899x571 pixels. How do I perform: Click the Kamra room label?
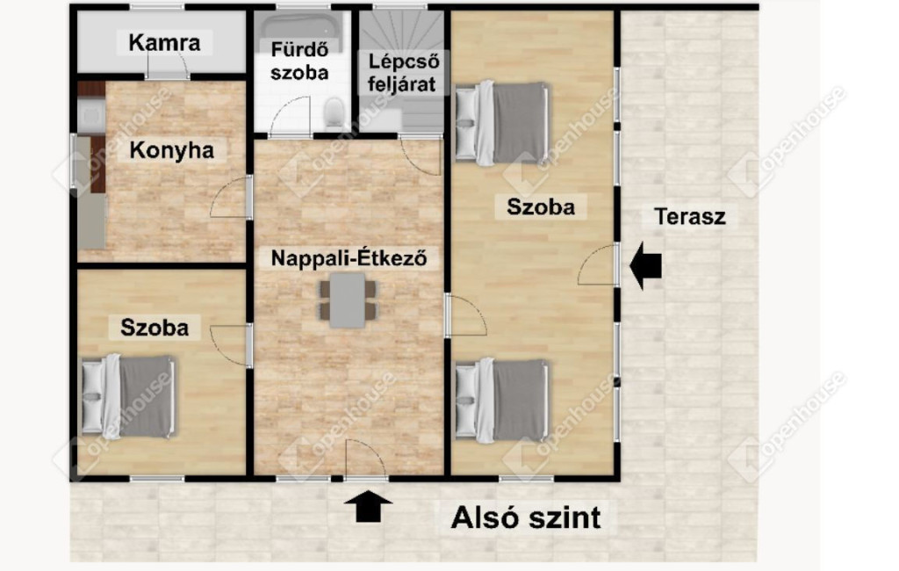164,42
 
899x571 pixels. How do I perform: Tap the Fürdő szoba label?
299,61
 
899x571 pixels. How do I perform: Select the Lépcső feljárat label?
402,73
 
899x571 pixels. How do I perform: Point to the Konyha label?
171,150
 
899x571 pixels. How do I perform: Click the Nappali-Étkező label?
349,257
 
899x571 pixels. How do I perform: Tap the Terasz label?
690,216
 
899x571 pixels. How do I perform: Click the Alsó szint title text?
526,517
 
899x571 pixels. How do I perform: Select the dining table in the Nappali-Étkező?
348,300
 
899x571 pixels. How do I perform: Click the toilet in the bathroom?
334,112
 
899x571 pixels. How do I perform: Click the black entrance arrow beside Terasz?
645,265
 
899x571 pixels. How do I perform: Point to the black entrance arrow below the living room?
368,506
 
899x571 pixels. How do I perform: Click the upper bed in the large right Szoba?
501,123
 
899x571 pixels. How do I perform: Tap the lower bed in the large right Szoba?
501,400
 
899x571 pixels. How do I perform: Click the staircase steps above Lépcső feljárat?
401,32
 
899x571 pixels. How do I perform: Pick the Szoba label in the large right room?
541,206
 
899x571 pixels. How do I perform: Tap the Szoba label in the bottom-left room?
155,327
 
